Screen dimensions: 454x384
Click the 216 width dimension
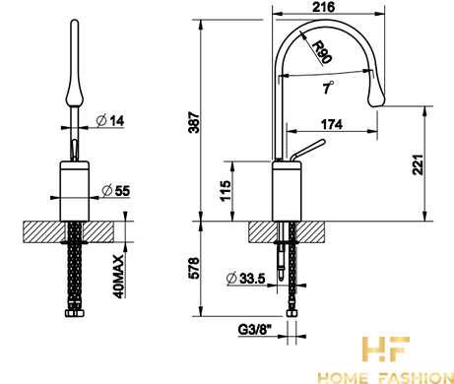(x=323, y=7)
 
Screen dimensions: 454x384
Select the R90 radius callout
(x=321, y=52)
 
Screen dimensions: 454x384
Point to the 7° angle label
(x=327, y=88)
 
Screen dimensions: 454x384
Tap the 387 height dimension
(x=194, y=123)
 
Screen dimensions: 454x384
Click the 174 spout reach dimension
(x=332, y=124)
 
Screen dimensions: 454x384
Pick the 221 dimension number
(x=419, y=164)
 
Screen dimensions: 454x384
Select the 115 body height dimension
(x=226, y=191)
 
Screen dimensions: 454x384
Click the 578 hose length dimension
(x=194, y=268)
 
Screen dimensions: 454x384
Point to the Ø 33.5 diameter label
(x=245, y=279)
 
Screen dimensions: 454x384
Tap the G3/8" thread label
(x=253, y=330)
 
